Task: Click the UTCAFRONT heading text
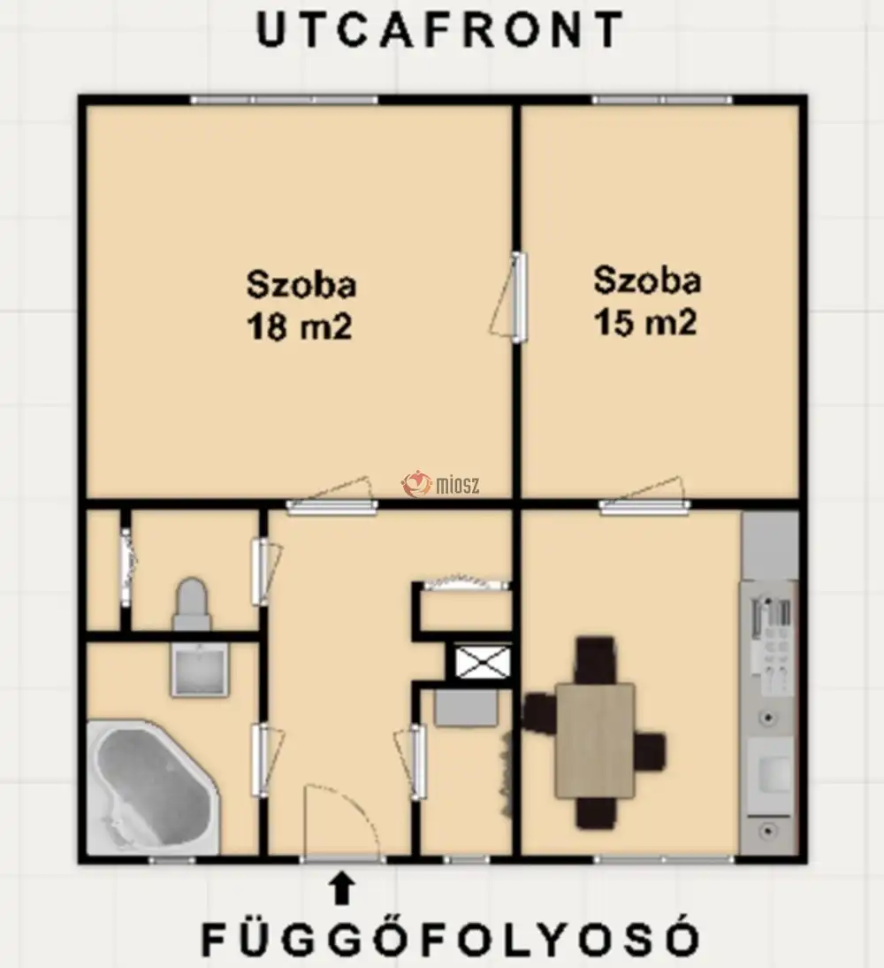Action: point(440,29)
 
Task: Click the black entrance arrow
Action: point(341,887)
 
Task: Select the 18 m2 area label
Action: point(299,326)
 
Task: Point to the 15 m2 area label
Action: point(645,322)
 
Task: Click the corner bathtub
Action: point(153,787)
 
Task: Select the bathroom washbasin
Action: point(199,670)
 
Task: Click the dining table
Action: point(595,741)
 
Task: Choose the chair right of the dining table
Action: point(651,751)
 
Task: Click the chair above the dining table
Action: point(595,660)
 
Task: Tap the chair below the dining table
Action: point(596,812)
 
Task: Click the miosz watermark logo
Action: point(440,485)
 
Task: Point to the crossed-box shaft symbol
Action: point(483,661)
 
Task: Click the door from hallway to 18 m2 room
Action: point(331,496)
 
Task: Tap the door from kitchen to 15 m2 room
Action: point(644,497)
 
